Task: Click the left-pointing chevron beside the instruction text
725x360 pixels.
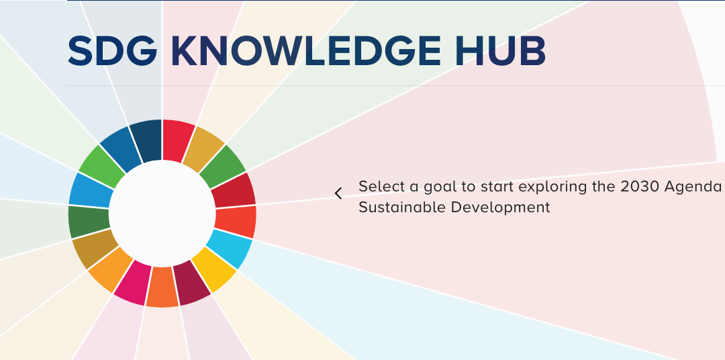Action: pyautogui.click(x=338, y=193)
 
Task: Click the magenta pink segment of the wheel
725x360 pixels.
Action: pyautogui.click(x=130, y=282)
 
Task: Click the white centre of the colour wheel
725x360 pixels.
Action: pyautogui.click(x=162, y=213)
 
